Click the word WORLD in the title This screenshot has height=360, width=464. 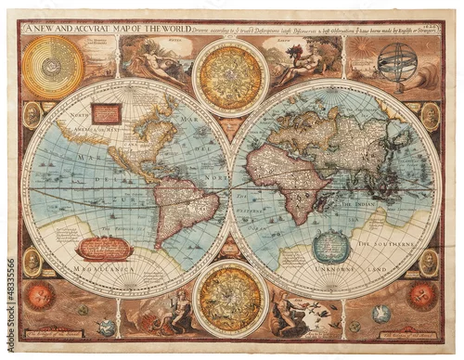[x=169, y=28]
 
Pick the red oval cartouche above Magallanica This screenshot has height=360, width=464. [x=104, y=247]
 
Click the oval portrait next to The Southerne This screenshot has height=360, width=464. [x=428, y=263]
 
